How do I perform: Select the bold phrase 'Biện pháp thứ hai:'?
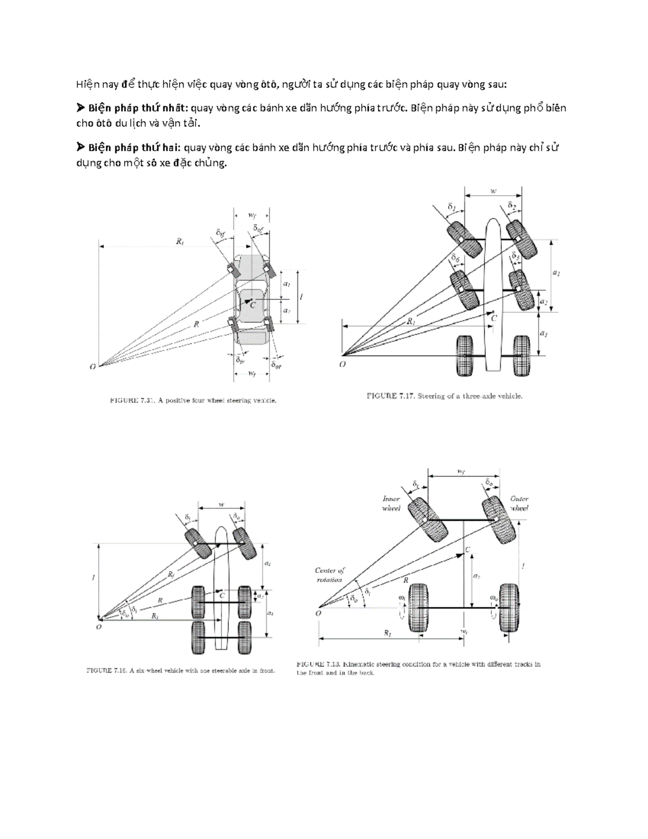coord(132,147)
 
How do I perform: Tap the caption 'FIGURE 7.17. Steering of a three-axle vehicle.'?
coord(444,396)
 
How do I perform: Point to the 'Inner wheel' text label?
coord(391,504)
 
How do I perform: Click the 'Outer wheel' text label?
coord(519,504)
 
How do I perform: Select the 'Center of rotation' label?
coord(330,575)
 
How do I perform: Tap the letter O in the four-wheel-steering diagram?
coord(93,367)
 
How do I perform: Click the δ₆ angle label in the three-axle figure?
coord(456,259)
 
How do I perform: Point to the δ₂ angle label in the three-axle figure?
coord(512,206)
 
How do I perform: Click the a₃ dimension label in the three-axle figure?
coord(544,334)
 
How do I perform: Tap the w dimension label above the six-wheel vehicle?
coord(221,506)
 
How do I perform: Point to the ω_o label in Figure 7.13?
coord(494,598)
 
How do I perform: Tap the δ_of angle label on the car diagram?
coord(259,229)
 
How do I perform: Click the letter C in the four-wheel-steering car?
coord(252,305)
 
